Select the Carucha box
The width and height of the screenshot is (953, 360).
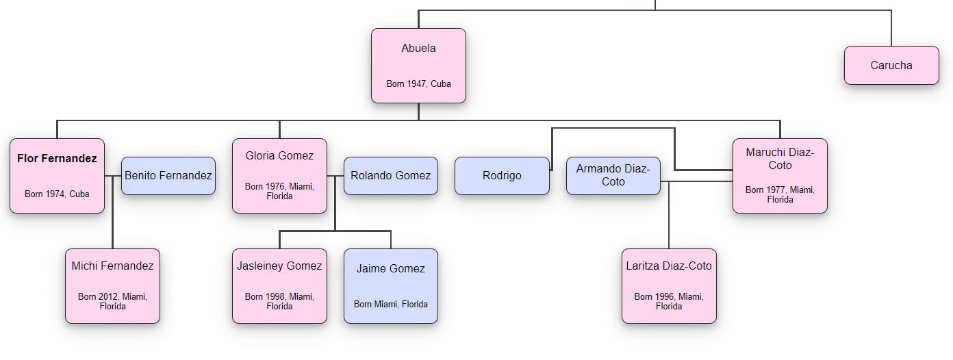[891, 66]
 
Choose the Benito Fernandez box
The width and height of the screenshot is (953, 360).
[168, 176]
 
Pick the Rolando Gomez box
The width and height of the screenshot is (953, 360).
[390, 176]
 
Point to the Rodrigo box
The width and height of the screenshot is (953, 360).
[502, 176]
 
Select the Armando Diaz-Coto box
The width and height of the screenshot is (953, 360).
[613, 176]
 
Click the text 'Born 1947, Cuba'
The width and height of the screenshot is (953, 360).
[418, 84]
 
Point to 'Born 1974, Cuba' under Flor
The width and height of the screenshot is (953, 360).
[57, 194]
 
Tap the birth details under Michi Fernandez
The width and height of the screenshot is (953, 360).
[112, 301]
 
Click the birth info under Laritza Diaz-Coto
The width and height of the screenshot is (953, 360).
[669, 301]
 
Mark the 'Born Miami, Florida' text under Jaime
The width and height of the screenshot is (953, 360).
[390, 304]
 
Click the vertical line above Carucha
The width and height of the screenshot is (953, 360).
[891, 28]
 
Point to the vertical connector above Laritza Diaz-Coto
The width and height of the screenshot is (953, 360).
[669, 219]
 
